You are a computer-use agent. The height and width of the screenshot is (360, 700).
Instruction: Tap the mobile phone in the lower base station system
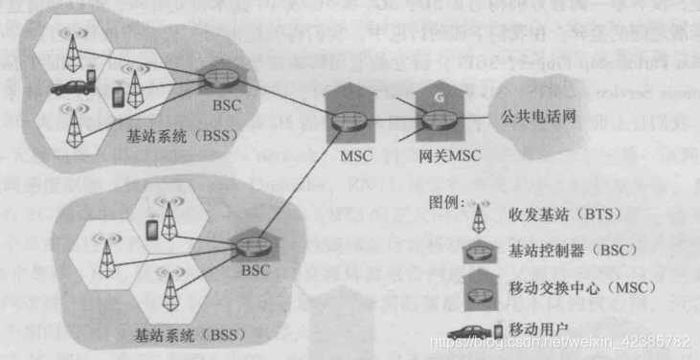pos(151,230)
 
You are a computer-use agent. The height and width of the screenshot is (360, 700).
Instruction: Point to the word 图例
pos(446,204)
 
